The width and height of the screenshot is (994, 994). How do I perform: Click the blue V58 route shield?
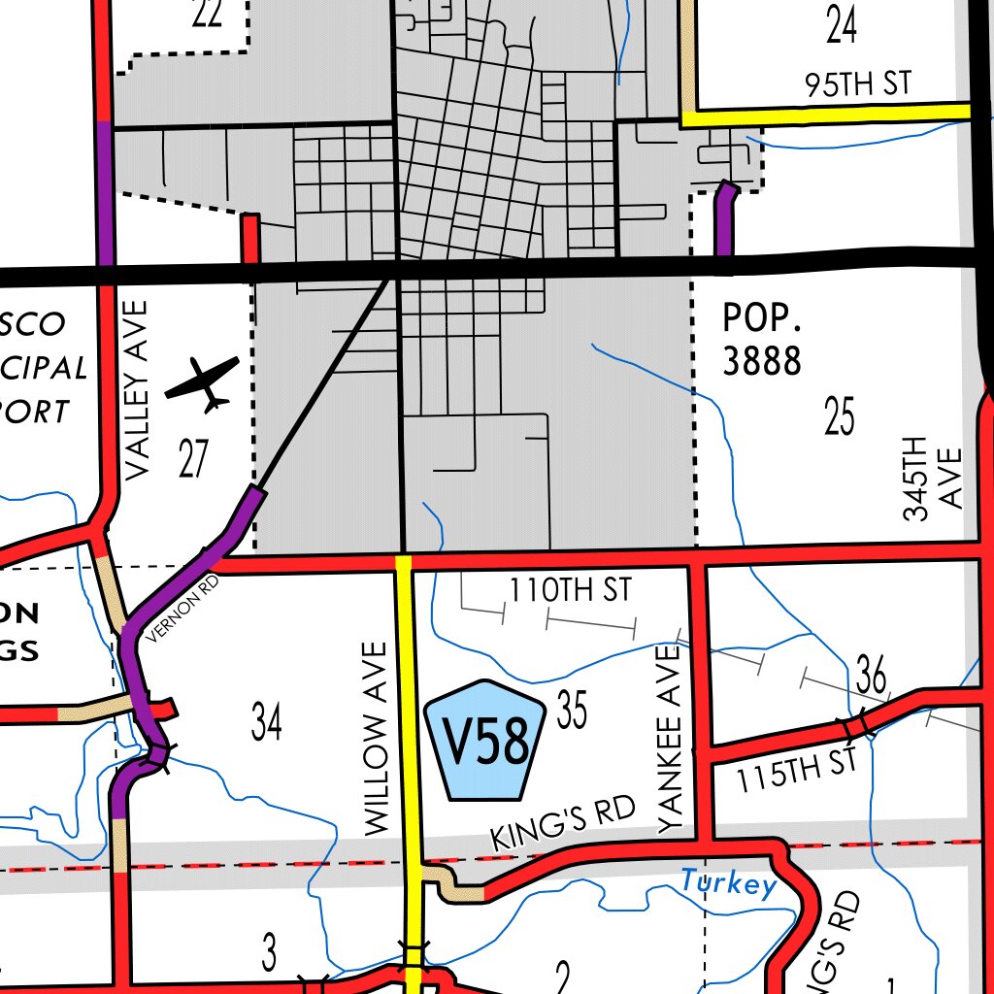coord(486,741)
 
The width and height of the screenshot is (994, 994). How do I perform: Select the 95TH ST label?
coord(858,84)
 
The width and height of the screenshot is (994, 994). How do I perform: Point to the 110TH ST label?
coord(570,589)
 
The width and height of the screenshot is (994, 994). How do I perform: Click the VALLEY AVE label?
coord(138,388)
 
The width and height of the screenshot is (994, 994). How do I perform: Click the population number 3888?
coord(762,360)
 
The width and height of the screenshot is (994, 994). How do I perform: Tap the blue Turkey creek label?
coord(728,883)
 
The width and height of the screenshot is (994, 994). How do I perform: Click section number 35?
coord(573,711)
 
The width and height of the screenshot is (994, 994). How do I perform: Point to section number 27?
coord(193,458)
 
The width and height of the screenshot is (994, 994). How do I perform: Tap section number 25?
coord(840,416)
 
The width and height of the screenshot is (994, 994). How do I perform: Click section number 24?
coord(842,25)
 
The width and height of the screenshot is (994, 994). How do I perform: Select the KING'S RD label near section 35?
coord(563,823)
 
